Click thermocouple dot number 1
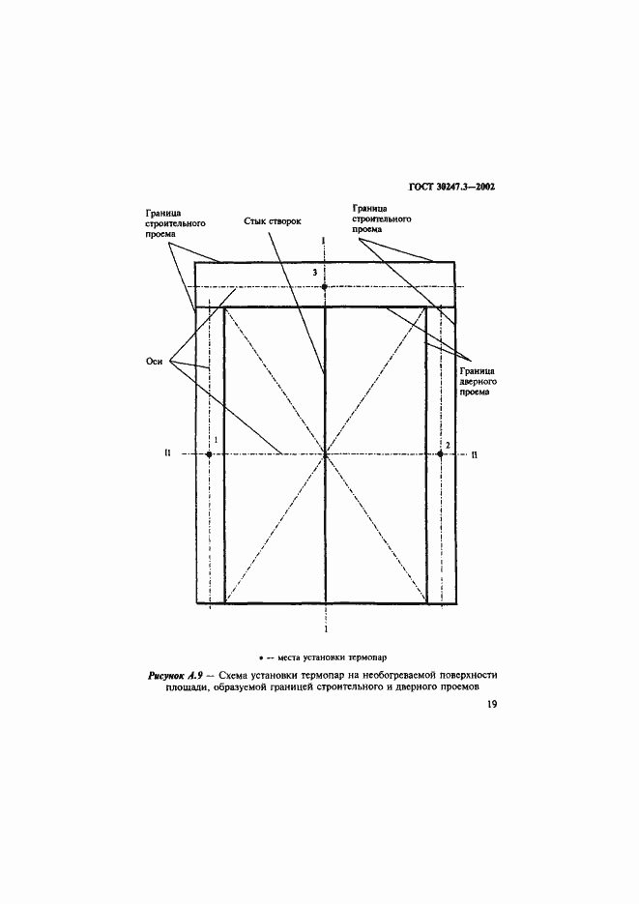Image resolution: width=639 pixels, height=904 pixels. point(209,454)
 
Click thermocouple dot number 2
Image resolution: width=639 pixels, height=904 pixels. point(440,454)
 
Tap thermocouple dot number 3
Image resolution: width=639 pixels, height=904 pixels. point(325,286)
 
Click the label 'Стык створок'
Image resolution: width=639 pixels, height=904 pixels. point(273,221)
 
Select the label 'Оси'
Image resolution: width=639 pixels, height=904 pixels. point(155,362)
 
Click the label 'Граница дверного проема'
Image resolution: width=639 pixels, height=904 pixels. point(479,382)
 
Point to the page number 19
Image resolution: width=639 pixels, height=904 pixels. point(491,704)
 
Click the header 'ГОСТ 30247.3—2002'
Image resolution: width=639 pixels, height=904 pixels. point(451,187)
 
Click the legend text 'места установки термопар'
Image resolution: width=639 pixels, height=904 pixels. point(332,656)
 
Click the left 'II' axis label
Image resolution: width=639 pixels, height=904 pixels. point(167,453)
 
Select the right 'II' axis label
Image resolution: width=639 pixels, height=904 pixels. point(475,454)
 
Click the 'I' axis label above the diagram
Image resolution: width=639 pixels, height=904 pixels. point(325,240)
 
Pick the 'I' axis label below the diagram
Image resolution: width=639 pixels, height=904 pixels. point(326,629)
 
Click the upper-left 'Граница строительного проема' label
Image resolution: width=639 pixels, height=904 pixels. point(176,223)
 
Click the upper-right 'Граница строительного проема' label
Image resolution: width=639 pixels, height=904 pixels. point(382,219)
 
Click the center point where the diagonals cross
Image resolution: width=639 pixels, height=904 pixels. point(326,454)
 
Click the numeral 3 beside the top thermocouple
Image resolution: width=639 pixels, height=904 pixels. point(315,273)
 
